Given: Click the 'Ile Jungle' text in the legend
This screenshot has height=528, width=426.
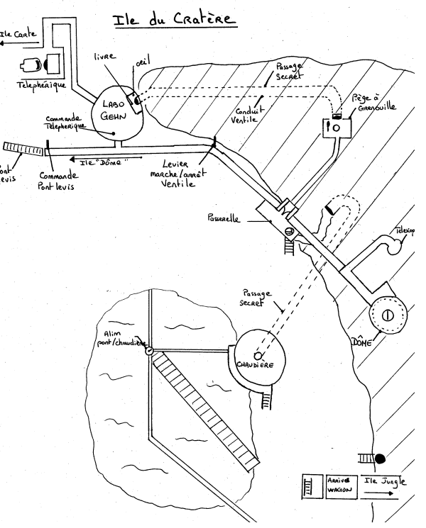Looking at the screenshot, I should click(385, 483).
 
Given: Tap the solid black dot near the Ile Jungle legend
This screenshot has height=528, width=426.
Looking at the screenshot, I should click(380, 457).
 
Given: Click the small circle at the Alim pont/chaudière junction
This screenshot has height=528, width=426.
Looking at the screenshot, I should click(149, 350).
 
